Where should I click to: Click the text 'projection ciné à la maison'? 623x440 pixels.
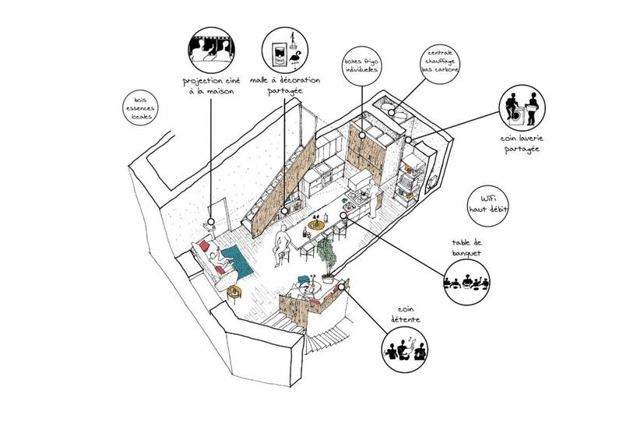[x=212, y=86]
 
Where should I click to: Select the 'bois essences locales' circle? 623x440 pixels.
[x=142, y=107]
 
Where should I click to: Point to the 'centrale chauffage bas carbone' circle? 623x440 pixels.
[x=436, y=63]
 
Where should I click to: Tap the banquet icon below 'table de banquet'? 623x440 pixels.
[x=465, y=280]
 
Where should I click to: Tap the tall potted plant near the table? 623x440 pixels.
[x=327, y=257]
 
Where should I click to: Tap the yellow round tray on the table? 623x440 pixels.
[x=315, y=226]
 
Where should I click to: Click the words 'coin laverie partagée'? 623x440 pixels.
[x=521, y=143]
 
